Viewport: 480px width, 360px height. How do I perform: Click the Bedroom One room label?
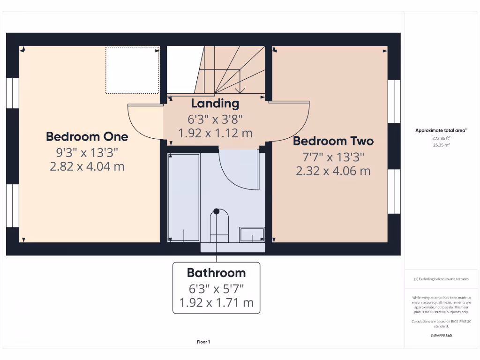[x=87, y=137]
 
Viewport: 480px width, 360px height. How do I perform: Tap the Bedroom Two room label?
[x=333, y=141]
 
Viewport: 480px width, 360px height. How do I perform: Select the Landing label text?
[x=215, y=103]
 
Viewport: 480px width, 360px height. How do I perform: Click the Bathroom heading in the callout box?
[x=216, y=273]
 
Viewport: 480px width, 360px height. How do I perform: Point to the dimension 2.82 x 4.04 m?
[x=87, y=166]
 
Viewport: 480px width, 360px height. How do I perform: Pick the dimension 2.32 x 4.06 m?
[x=333, y=171]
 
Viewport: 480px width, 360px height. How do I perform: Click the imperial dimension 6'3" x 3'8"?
[x=215, y=119]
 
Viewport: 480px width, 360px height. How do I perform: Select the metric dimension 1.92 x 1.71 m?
[x=216, y=303]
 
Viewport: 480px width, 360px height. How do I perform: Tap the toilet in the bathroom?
[x=219, y=225]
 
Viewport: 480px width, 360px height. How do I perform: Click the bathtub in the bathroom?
[x=184, y=197]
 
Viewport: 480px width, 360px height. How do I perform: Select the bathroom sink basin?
[x=252, y=234]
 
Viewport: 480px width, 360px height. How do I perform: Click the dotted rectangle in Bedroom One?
[x=132, y=70]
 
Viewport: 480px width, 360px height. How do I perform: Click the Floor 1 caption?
[x=203, y=342]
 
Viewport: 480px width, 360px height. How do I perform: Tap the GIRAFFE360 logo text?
[x=441, y=336]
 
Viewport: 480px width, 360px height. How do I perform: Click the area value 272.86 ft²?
[x=441, y=139]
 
